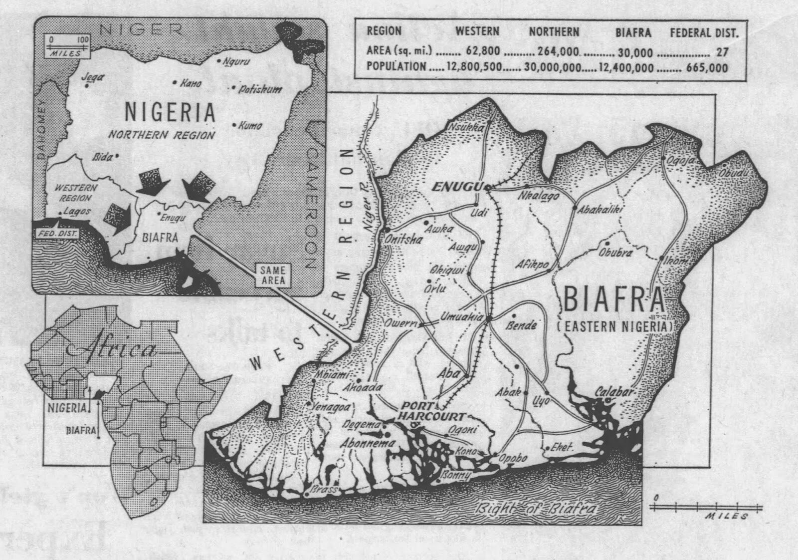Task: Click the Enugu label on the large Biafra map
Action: (456, 187)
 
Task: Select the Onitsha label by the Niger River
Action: (403, 240)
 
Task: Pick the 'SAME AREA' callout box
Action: (272, 275)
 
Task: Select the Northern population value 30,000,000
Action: (554, 67)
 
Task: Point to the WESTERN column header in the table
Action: (477, 31)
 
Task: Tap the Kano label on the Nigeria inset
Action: (191, 83)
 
